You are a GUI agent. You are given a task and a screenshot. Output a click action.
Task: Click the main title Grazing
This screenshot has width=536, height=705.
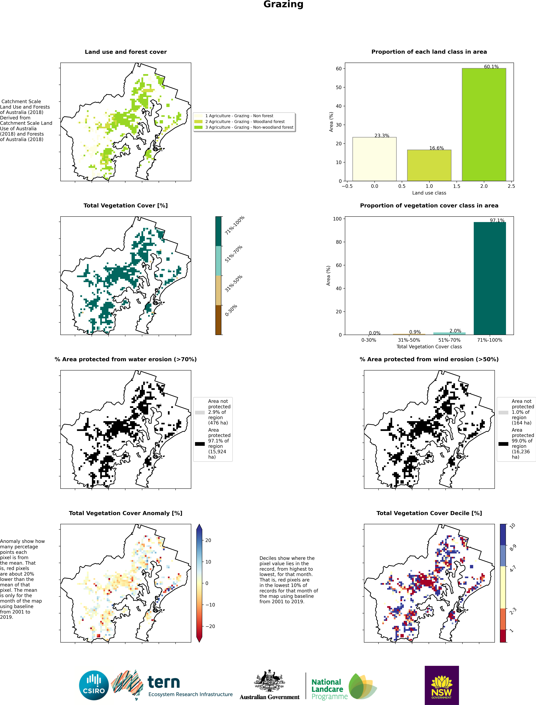tap(283, 4)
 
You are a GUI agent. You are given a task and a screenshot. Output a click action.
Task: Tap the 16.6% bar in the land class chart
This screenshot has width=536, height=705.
tap(429, 165)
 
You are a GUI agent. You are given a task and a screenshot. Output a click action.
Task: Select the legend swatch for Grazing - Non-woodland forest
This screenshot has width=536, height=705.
tap(198, 127)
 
